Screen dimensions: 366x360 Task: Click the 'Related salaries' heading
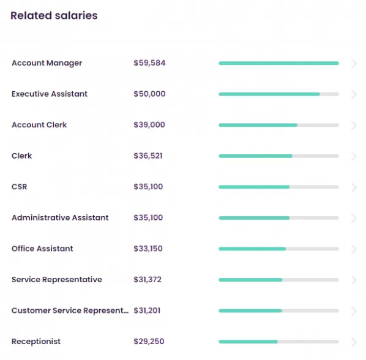pyautogui.click(x=54, y=16)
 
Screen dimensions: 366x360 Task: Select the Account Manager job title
pyautogui.click(x=47, y=63)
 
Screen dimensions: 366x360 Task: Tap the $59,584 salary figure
pyautogui.click(x=149, y=63)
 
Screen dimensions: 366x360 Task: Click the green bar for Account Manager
pyautogui.click(x=278, y=63)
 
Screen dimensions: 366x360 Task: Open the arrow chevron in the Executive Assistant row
pyautogui.click(x=354, y=94)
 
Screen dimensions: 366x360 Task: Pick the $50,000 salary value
pyautogui.click(x=149, y=94)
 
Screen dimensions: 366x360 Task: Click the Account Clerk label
pyautogui.click(x=39, y=125)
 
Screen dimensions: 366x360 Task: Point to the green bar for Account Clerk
pyautogui.click(x=258, y=125)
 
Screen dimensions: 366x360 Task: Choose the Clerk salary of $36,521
pyautogui.click(x=148, y=156)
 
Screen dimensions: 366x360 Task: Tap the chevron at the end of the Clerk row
pyautogui.click(x=354, y=156)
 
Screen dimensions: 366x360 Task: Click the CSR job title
pyautogui.click(x=20, y=187)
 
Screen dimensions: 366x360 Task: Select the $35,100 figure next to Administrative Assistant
pyautogui.click(x=148, y=217)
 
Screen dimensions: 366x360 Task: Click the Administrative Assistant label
pyautogui.click(x=60, y=217)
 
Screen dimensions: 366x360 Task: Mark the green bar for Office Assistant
pyautogui.click(x=252, y=249)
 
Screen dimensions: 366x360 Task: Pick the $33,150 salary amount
pyautogui.click(x=148, y=249)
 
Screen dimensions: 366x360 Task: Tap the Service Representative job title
pyautogui.click(x=57, y=279)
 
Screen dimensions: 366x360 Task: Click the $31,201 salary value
pyautogui.click(x=147, y=310)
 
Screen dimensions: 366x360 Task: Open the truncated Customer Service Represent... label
pyautogui.click(x=70, y=310)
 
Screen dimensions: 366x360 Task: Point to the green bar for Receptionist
pyautogui.click(x=248, y=342)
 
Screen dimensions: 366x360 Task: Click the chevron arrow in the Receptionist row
pyautogui.click(x=354, y=342)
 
